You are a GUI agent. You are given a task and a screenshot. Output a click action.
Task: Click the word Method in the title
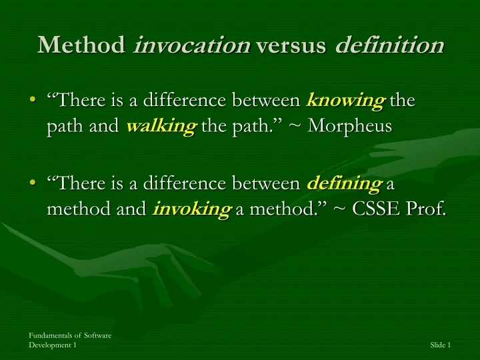click(82, 45)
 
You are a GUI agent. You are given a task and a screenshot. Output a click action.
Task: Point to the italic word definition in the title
click(389, 45)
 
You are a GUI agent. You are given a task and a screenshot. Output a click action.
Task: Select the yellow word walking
click(160, 127)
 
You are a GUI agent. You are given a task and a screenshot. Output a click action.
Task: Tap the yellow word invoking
click(191, 209)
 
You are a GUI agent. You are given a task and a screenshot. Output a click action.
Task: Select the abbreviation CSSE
click(378, 209)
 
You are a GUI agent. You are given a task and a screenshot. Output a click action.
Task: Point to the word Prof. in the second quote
click(427, 209)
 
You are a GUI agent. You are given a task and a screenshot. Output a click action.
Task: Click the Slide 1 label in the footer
click(441, 345)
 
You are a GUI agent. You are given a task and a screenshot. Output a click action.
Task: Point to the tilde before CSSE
click(340, 210)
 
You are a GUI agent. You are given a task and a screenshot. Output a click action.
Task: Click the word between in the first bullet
click(267, 101)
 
